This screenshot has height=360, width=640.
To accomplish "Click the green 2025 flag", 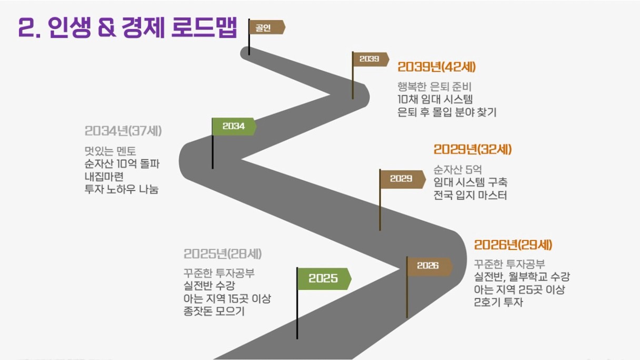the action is point(324,278).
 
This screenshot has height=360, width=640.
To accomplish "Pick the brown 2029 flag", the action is point(402,179).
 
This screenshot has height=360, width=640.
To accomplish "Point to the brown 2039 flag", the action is point(371,59).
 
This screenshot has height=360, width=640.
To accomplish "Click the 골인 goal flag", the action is point(267,27).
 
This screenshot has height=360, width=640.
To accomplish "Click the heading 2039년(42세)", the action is point(436,67).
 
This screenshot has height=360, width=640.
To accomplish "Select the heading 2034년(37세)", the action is point(123,131).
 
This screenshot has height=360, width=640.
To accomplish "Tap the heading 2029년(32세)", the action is point(473,149).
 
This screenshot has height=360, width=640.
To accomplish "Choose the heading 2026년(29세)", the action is point(513,245).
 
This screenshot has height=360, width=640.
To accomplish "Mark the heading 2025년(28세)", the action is point(223,254).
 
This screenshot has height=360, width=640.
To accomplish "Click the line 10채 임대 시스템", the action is point(435,99).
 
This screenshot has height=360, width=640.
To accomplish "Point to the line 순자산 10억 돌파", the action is point(122,164).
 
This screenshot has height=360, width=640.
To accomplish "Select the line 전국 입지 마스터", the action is point(471,195).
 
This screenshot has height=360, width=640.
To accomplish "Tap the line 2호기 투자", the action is point(498,302).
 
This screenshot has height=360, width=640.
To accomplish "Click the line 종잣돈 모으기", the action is point(214,311).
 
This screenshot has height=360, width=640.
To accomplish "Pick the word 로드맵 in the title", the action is point(204,27).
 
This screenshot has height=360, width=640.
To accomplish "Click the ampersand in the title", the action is point(107,28).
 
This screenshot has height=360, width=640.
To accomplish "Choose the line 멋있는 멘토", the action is point(111,151).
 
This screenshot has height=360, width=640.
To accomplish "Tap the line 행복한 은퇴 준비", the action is point(435,86).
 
